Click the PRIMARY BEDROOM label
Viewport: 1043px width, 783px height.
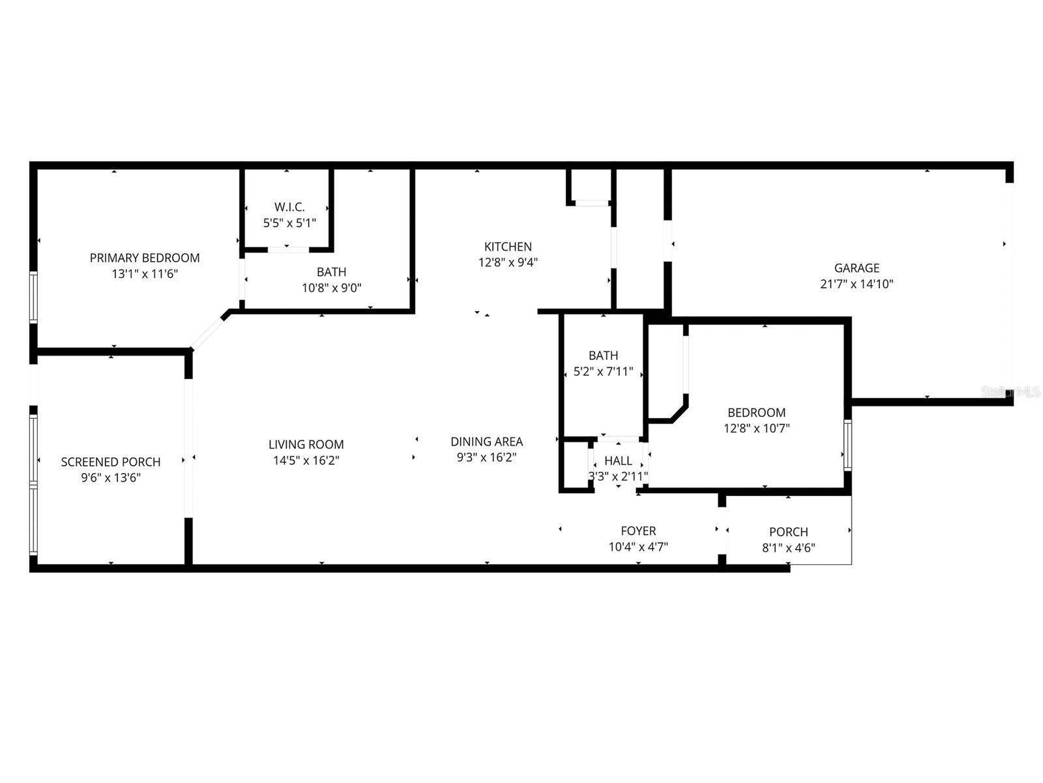coord(145,258)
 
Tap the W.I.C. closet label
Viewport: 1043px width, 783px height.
coord(289,207)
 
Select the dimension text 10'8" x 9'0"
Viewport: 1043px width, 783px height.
coord(331,288)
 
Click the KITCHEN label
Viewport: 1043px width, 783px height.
coord(508,247)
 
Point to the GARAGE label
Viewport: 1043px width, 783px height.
coord(857,268)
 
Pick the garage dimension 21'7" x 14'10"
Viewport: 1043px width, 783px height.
coord(857,284)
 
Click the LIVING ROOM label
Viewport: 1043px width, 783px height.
coord(306,444)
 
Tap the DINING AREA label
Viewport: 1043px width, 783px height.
coord(486,442)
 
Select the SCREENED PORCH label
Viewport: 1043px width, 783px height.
coord(111,462)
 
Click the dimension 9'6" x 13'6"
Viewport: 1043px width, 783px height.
coord(111,478)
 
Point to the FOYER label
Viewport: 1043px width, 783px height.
coord(638,531)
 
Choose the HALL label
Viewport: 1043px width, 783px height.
coord(618,461)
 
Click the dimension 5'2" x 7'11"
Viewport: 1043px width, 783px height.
coord(603,372)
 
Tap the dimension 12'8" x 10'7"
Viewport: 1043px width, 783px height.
coord(756,429)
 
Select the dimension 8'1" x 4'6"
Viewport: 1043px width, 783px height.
coord(788,548)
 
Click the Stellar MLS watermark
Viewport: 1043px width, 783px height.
coord(1010,392)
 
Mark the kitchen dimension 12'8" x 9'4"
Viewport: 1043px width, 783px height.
coord(508,262)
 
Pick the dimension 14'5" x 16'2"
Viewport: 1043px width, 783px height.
coord(306,460)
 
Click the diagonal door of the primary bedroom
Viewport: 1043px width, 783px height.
coord(208,331)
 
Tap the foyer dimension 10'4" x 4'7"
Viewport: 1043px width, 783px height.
coord(638,547)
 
